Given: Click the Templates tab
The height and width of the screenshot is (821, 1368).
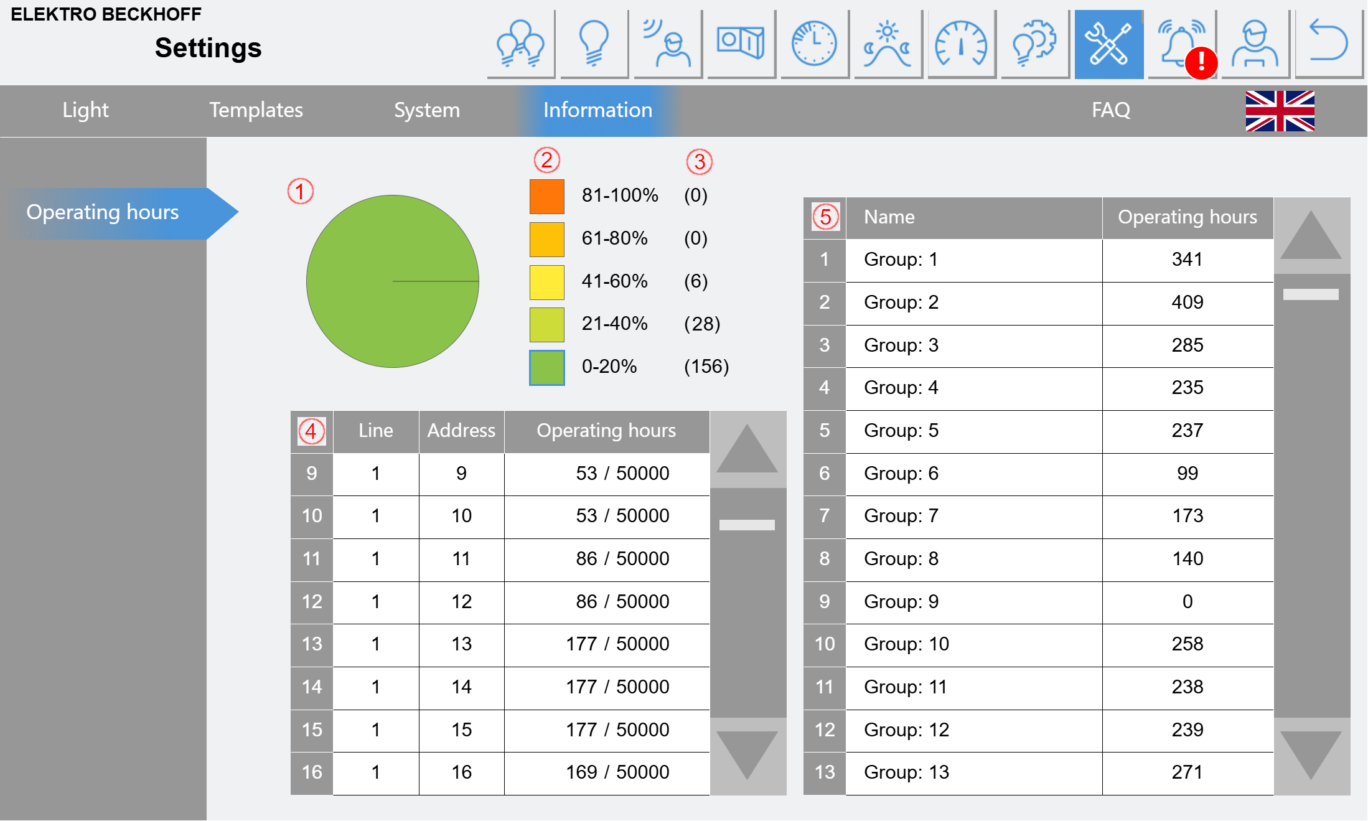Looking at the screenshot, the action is tap(256, 110).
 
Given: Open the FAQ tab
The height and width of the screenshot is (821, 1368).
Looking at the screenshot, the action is tap(1110, 110).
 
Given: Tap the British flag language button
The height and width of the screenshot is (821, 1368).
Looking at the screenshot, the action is tap(1280, 111).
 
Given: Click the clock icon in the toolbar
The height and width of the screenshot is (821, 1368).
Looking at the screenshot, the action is tap(814, 44).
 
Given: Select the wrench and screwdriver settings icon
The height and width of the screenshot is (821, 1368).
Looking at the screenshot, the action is tap(1108, 44).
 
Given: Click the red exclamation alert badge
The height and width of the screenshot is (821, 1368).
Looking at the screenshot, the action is tap(1201, 63).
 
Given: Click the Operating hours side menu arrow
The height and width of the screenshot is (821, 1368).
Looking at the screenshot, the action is tap(122, 213).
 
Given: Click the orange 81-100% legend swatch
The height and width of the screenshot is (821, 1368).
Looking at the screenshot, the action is tap(546, 196).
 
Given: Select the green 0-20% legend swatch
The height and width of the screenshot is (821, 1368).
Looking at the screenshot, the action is tap(546, 367).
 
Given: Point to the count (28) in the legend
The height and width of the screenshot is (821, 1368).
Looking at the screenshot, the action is tap(701, 324).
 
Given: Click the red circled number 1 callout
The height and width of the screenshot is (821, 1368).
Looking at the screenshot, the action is tap(300, 191).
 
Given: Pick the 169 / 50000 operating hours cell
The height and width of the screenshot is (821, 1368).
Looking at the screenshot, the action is tap(617, 772).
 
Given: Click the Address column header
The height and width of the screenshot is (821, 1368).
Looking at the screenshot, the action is tap(461, 431).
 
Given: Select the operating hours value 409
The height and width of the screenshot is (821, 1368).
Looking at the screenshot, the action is tap(1187, 303).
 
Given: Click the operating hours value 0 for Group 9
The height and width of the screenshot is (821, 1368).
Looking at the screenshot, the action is tap(1187, 602).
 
